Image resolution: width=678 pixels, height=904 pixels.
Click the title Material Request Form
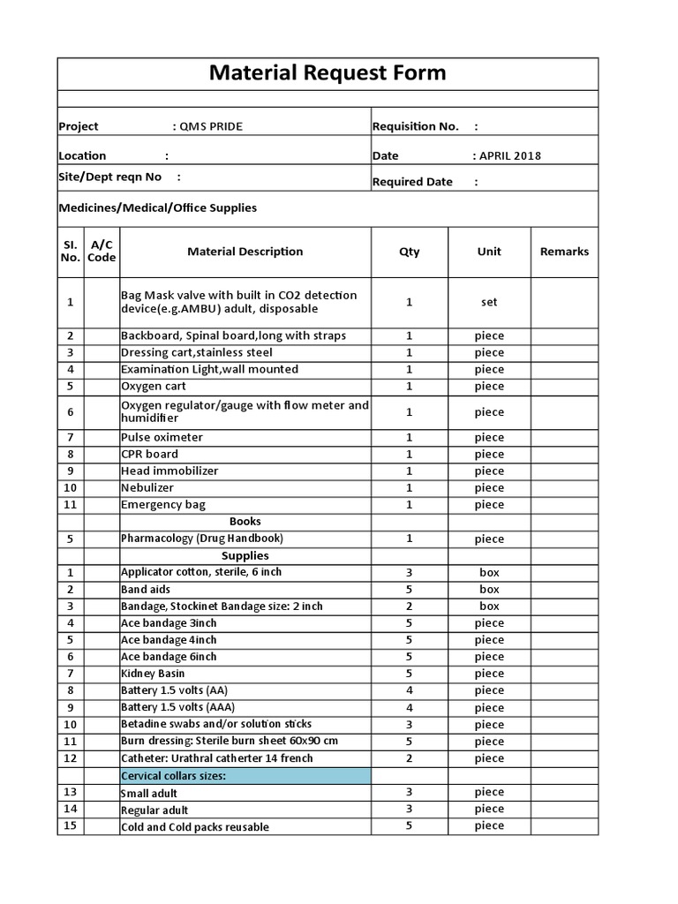328,73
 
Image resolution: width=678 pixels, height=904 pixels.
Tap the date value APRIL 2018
509,156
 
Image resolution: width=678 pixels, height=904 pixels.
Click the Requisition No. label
416,126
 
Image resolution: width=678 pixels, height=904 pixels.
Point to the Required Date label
412,182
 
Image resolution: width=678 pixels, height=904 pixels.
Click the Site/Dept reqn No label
110,177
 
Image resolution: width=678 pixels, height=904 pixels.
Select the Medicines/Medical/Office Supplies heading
157,208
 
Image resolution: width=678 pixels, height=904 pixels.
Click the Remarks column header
564,252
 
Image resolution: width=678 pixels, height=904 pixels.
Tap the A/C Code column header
102,252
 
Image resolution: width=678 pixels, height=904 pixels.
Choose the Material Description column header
245,252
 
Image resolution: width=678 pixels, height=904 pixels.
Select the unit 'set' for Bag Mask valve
489,302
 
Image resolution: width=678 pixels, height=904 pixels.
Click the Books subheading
245,522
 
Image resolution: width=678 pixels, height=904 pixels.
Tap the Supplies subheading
245,555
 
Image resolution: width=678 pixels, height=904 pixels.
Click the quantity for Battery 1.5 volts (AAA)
409,707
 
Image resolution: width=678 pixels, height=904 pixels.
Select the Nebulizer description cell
147,487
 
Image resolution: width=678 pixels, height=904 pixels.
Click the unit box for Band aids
489,589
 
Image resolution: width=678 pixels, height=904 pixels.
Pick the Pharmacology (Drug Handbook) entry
202,539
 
